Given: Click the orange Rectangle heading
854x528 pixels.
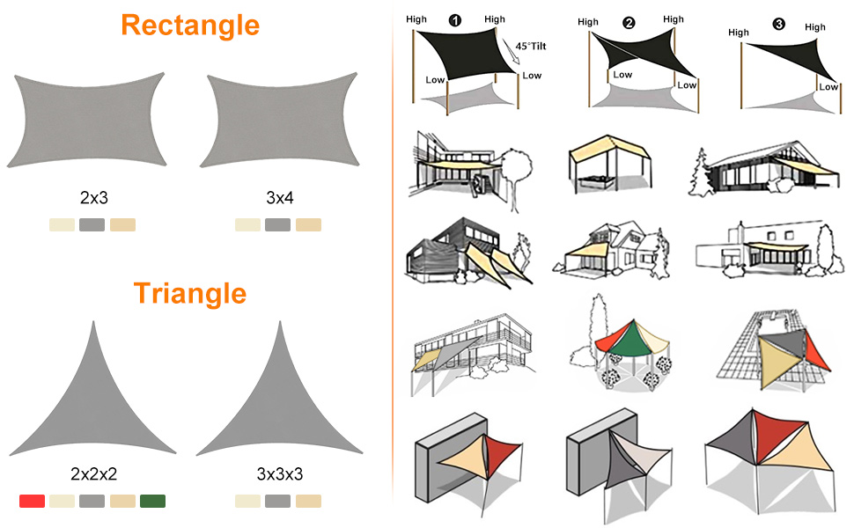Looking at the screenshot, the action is pyautogui.click(x=190, y=25).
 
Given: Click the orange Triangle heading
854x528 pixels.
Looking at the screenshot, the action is pyautogui.click(x=190, y=293).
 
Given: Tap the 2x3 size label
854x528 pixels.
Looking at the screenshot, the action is pyautogui.click(x=93, y=198).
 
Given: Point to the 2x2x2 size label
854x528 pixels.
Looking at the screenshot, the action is pyautogui.click(x=93, y=475).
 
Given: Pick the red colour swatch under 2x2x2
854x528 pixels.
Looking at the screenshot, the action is pyautogui.click(x=32, y=501).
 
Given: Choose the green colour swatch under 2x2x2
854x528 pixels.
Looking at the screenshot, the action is pyautogui.click(x=152, y=501).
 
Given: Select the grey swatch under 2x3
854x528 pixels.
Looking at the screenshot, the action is pyautogui.click(x=92, y=224).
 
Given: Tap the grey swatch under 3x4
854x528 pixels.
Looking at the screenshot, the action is pyautogui.click(x=278, y=224).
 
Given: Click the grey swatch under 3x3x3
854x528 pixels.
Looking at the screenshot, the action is pyautogui.click(x=278, y=501).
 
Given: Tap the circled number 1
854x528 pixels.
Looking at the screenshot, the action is pyautogui.click(x=454, y=18).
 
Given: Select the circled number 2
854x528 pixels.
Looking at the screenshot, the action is pyautogui.click(x=629, y=23).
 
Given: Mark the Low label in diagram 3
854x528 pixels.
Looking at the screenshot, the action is pyautogui.click(x=828, y=86).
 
